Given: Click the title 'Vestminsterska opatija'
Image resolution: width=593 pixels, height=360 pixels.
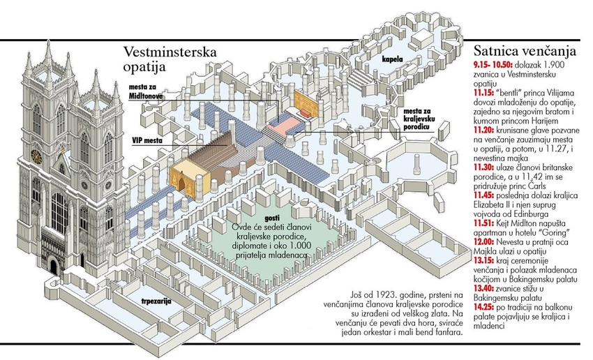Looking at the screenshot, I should [x=170, y=60].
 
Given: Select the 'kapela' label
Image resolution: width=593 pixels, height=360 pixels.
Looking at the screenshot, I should [x=391, y=61].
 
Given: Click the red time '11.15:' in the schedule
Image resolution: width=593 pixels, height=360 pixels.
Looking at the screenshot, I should [x=486, y=91].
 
